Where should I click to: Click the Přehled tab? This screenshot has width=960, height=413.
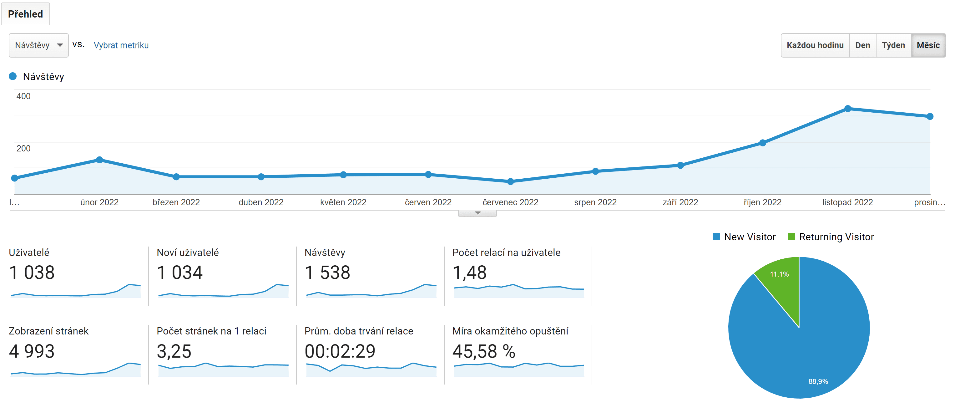point(25,14)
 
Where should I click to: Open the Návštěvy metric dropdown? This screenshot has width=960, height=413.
point(39,45)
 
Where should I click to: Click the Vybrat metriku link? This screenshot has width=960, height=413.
point(121,45)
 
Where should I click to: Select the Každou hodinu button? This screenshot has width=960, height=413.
point(815,45)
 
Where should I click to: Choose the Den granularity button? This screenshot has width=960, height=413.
point(863,45)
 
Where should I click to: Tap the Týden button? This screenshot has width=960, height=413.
point(893,45)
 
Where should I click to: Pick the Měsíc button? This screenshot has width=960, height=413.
point(928,45)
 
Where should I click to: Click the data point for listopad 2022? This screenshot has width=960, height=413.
point(848,109)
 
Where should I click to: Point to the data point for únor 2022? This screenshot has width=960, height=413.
point(99,160)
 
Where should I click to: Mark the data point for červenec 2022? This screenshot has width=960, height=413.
point(511,181)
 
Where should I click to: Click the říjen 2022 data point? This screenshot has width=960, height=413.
point(762,143)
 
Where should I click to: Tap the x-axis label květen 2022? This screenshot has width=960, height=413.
point(343,202)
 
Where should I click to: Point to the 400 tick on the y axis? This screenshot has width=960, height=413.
point(23,96)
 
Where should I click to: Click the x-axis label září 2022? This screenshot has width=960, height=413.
point(680,202)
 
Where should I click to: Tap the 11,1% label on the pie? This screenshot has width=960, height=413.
point(779,274)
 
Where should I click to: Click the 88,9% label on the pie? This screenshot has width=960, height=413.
point(818,381)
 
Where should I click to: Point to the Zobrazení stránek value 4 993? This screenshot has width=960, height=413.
point(32,351)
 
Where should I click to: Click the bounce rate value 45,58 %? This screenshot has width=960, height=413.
point(484,351)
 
